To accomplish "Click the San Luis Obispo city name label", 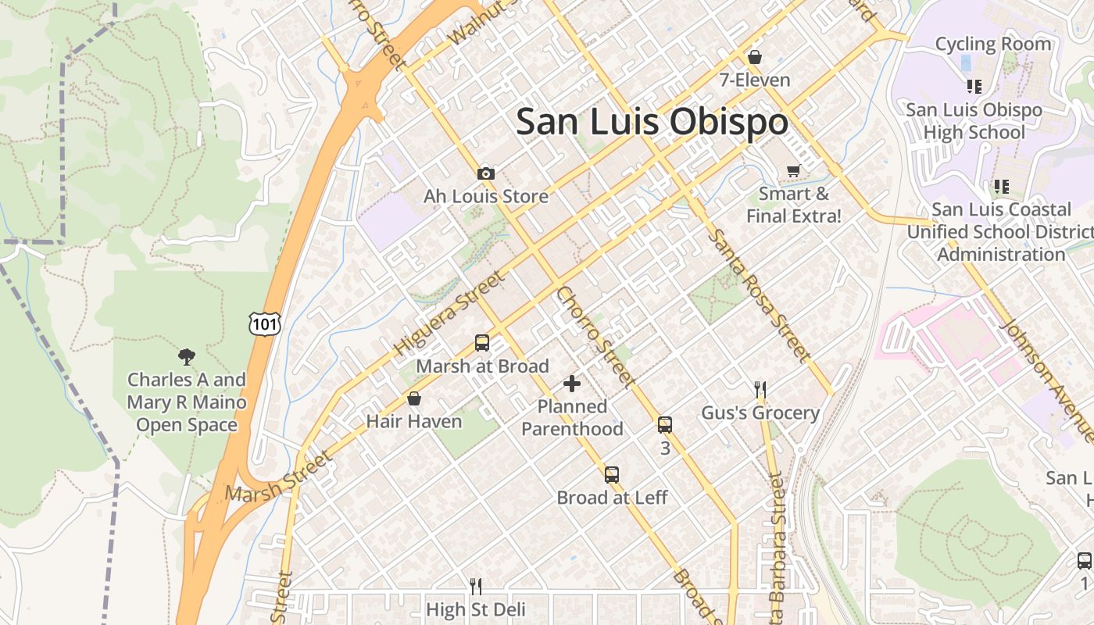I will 652,122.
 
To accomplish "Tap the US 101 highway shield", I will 264,323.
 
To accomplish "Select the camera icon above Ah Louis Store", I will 485,173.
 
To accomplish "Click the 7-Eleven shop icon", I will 755,57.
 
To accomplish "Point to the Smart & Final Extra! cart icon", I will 793,170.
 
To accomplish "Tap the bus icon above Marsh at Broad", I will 482,343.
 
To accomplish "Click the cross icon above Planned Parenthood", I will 572,384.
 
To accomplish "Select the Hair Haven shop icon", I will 414,399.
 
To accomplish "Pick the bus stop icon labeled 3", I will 665,425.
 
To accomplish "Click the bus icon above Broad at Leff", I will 612,475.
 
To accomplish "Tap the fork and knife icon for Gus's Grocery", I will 760,389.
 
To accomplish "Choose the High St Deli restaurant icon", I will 475,586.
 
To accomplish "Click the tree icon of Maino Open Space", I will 186,357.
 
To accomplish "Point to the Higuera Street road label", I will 450,313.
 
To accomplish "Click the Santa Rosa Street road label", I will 756,295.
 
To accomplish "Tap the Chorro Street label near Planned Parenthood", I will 594,336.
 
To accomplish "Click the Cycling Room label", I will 992,44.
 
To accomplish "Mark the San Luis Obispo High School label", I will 974,121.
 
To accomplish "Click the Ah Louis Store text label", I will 485,196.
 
